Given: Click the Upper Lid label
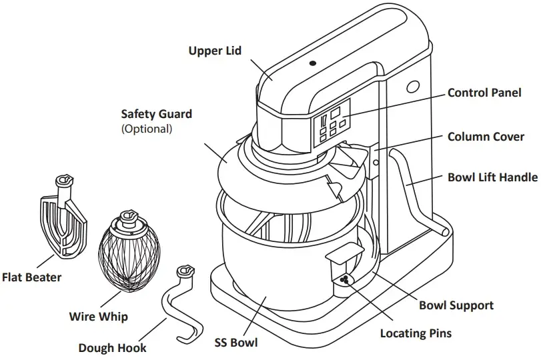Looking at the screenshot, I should click(215, 51).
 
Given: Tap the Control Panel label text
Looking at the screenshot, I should click(484, 93).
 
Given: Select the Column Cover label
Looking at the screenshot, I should click(486, 137).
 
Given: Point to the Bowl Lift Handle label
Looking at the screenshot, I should click(492, 177).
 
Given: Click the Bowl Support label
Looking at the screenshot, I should click(456, 305).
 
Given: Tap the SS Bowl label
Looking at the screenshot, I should click(235, 343).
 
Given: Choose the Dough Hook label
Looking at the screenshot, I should click(112, 347).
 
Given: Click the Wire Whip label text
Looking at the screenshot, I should click(99, 316).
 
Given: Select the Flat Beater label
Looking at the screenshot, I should click(32, 277).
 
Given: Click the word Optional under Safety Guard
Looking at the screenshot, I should click(146, 129).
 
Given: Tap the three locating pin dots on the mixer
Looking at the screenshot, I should click(344, 280).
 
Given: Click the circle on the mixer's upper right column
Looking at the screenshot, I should click(412, 87).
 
